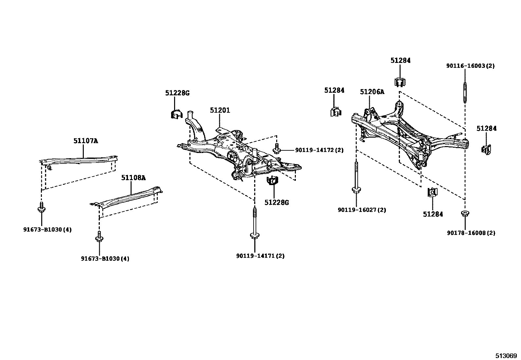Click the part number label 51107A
(85, 141)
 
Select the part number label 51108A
(133, 178)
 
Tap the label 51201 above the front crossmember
(220, 110)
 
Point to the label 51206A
(372, 92)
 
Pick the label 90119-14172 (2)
(319, 150)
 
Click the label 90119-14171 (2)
(260, 256)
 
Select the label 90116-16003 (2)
(470, 66)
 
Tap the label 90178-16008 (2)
(471, 233)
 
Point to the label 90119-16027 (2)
(362, 210)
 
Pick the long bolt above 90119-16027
(356, 179)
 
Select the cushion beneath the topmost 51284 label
(400, 82)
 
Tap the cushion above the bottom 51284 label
(432, 193)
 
